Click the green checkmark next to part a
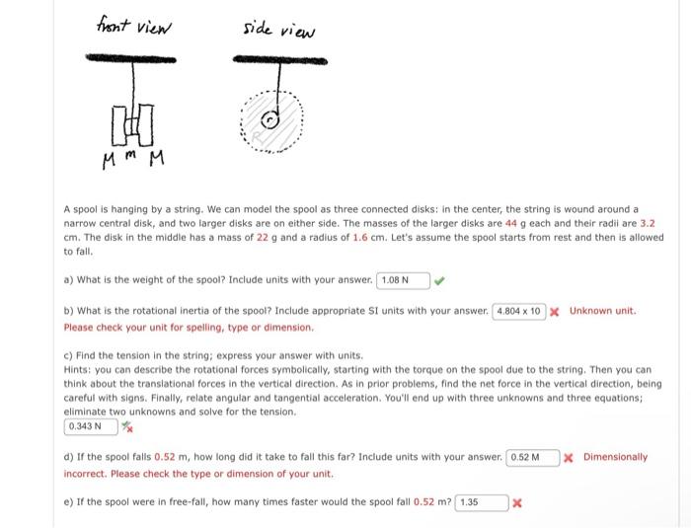click(x=440, y=280)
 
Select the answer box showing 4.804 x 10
click(x=518, y=312)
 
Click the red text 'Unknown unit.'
click(x=603, y=312)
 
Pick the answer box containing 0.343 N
click(x=90, y=426)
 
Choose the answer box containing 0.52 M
click(x=532, y=458)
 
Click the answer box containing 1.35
click(x=482, y=502)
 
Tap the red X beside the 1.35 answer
click(x=516, y=502)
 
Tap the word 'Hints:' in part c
click(x=78, y=369)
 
